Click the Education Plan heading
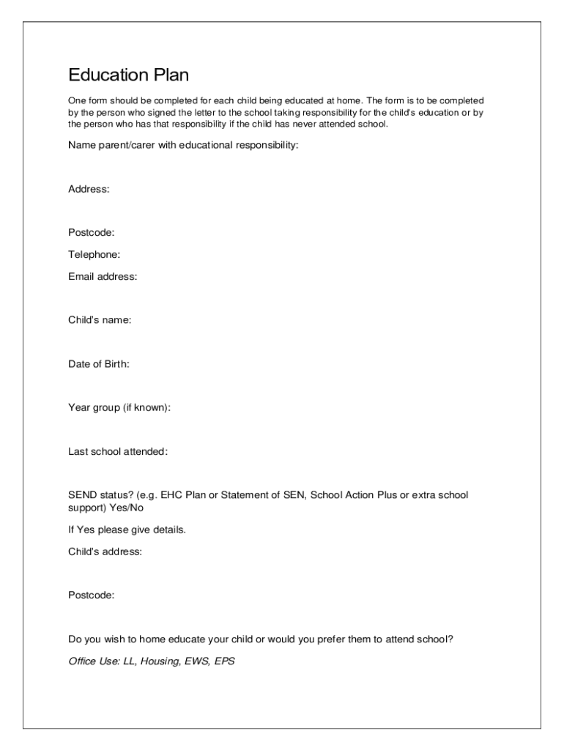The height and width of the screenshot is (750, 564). click(x=129, y=75)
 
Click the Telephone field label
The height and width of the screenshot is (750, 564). click(x=94, y=255)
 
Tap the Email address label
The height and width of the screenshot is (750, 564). click(x=103, y=277)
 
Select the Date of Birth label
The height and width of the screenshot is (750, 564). click(x=99, y=364)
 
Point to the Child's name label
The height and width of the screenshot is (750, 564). click(x=100, y=320)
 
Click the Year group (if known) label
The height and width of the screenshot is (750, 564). click(x=119, y=408)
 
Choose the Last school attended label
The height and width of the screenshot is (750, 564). click(x=118, y=452)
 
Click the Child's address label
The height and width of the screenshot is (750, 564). click(x=105, y=552)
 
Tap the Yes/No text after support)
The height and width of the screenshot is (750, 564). click(x=127, y=508)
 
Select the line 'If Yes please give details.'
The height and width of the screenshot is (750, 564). click(x=127, y=530)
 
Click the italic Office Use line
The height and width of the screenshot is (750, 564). click(x=152, y=661)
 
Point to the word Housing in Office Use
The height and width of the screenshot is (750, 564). click(x=159, y=661)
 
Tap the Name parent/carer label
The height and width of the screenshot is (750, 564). click(x=183, y=146)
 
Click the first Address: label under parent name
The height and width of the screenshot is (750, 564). click(x=89, y=190)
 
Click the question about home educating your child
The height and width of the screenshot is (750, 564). click(x=261, y=639)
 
